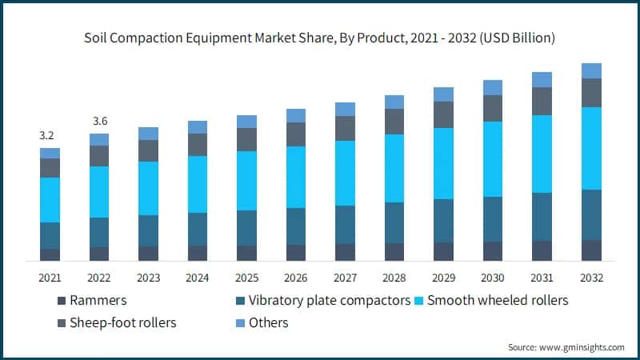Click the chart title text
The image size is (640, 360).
(x=320, y=38)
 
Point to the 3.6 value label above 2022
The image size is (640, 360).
(x=99, y=122)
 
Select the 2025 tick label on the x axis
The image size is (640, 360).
(x=246, y=278)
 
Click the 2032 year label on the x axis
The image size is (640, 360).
(x=591, y=278)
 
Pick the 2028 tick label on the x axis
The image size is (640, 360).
(x=394, y=278)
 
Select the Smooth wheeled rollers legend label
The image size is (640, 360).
(x=498, y=302)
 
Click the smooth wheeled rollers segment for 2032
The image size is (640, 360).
(x=591, y=148)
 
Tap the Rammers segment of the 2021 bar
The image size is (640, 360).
(x=50, y=254)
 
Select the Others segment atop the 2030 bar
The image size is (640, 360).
(x=493, y=87)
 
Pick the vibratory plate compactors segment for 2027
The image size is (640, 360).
(x=345, y=224)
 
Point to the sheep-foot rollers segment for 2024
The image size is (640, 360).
(x=198, y=145)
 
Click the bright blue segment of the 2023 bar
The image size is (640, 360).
(x=148, y=188)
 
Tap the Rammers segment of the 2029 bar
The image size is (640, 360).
(x=443, y=251)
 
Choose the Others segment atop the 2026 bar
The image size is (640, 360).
(x=296, y=115)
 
